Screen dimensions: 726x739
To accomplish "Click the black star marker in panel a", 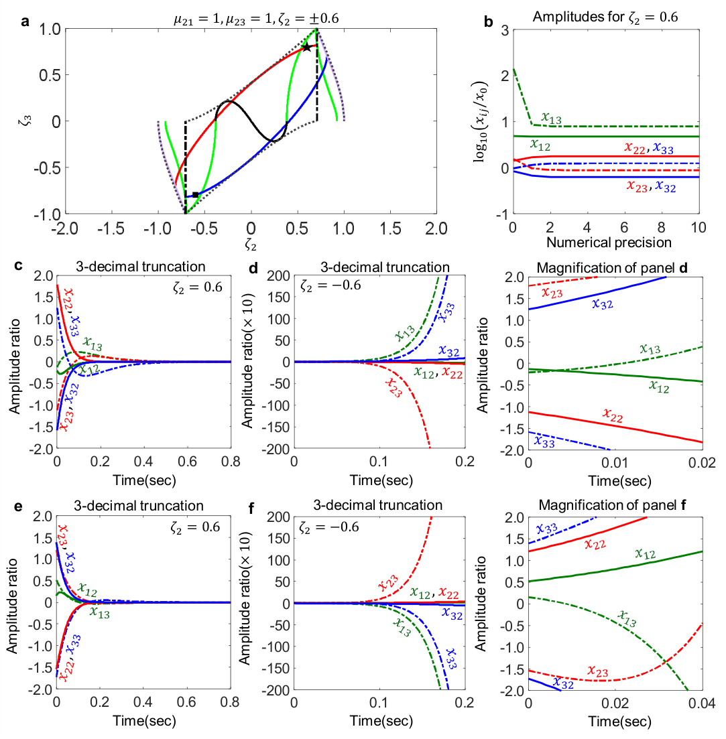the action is click(x=306, y=47).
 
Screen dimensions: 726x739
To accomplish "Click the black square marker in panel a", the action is click(x=195, y=195).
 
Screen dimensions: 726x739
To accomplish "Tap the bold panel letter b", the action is click(x=489, y=21).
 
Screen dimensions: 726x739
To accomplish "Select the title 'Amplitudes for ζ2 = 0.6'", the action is click(x=605, y=17).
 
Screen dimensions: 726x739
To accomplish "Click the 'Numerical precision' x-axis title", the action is click(x=609, y=243).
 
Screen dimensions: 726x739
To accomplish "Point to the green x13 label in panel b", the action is click(x=551, y=119).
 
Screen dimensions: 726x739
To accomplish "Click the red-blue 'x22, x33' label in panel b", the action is click(x=649, y=149).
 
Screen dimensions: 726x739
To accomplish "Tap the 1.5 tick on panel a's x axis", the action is click(x=391, y=229).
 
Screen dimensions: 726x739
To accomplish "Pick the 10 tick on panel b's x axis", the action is click(x=699, y=228).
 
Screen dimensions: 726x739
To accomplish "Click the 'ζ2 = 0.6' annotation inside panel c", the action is click(x=198, y=287).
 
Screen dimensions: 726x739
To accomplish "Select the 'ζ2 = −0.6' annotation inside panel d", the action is click(x=330, y=285).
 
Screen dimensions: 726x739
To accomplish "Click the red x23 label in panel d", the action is click(x=394, y=387).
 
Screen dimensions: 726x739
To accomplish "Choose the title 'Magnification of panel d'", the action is click(x=612, y=268).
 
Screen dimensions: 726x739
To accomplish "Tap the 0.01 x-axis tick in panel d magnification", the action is click(x=615, y=463).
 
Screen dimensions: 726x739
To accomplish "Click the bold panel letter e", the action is click(x=18, y=506).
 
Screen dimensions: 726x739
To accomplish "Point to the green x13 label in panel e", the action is click(x=99, y=612).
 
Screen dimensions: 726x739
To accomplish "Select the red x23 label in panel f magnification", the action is click(x=598, y=671).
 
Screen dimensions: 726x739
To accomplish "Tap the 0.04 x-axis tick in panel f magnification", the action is click(x=702, y=703).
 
